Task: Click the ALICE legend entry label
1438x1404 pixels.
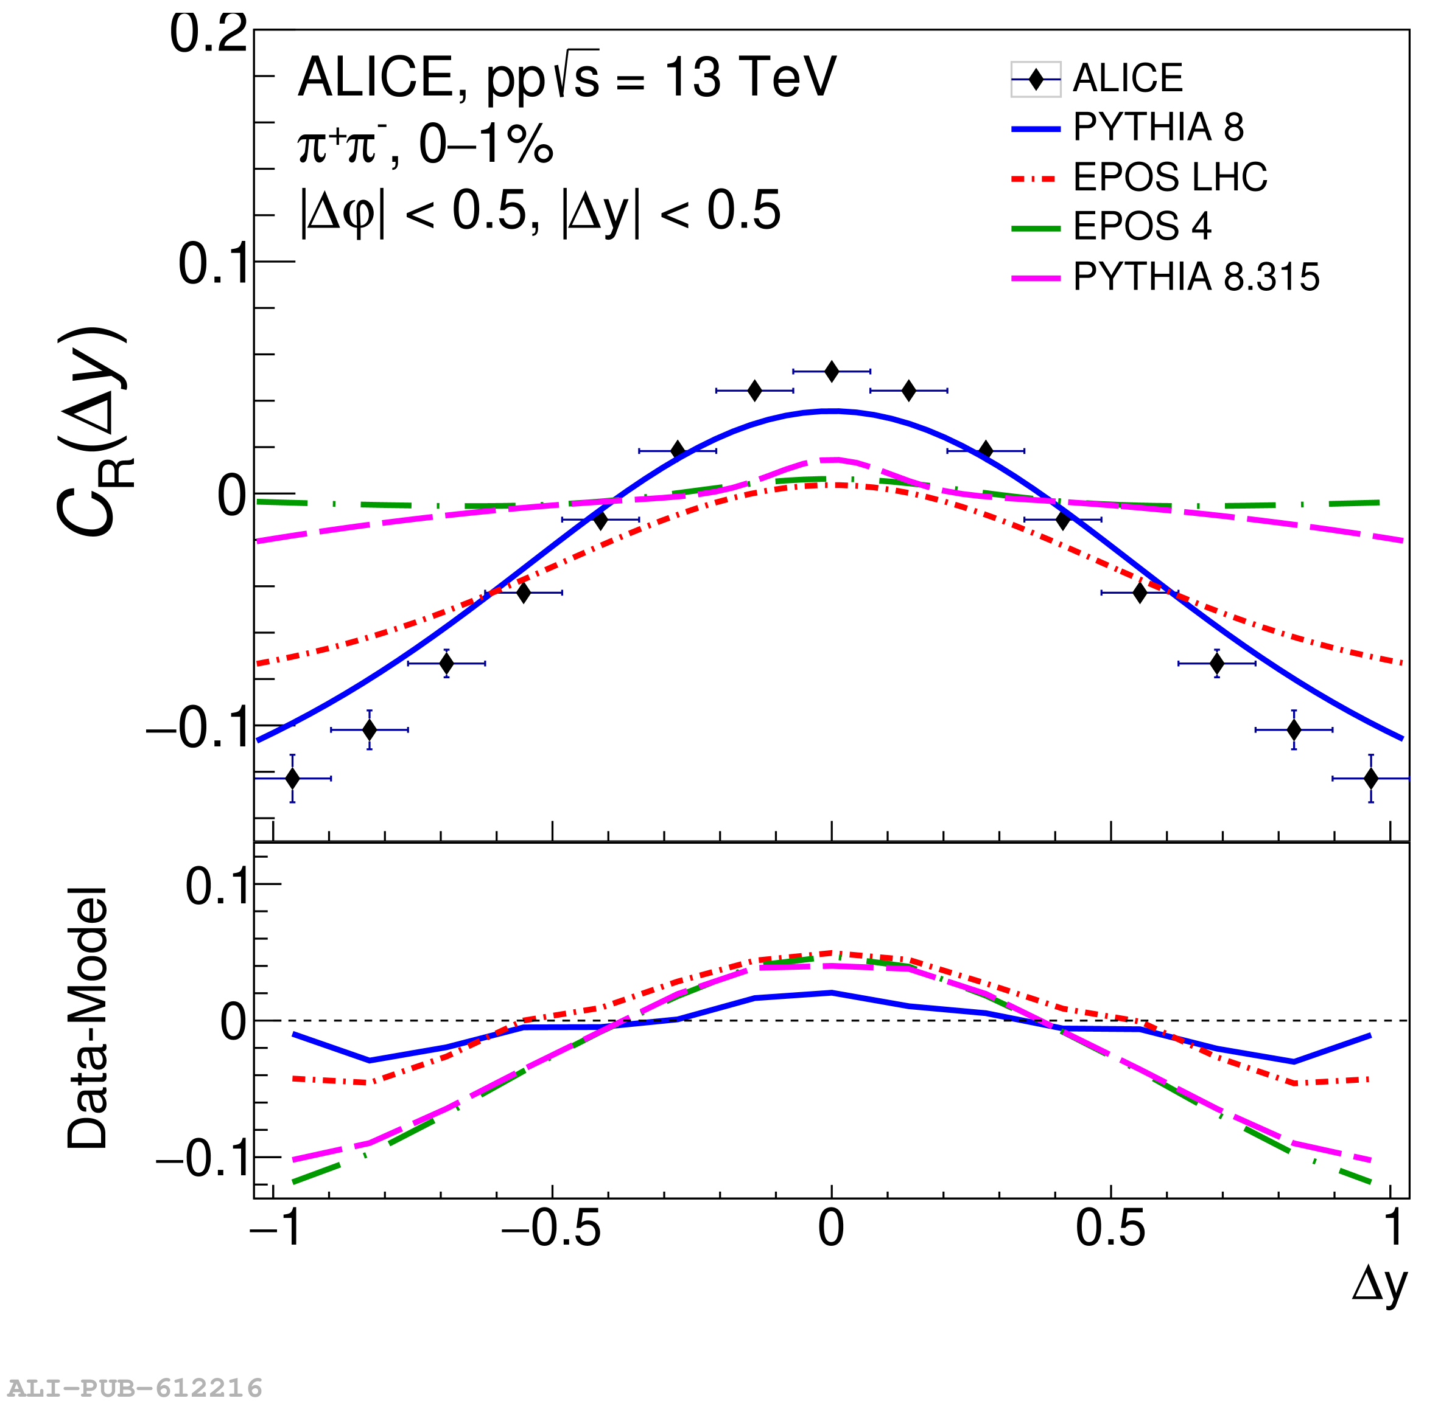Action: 1127,78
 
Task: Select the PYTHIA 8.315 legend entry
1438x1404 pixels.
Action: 1195,277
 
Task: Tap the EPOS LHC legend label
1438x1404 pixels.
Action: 1170,177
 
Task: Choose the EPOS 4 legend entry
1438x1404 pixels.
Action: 1142,226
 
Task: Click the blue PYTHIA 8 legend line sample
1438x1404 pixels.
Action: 1035,130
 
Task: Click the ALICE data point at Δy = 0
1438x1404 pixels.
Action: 832,372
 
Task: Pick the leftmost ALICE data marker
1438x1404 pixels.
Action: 292,778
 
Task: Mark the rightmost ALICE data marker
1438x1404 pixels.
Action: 1371,778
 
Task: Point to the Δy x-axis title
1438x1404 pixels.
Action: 1379,1285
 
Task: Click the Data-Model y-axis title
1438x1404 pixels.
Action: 88,1018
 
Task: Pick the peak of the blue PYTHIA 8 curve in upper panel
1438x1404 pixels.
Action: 832,411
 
